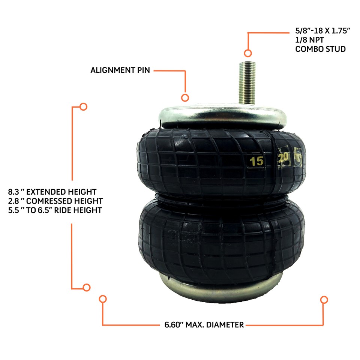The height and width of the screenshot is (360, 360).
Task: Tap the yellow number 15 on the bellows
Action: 257,162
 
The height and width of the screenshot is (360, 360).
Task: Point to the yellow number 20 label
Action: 283,158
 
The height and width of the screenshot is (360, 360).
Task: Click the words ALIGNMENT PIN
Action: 120,70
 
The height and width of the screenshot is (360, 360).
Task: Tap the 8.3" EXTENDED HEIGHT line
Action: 52,192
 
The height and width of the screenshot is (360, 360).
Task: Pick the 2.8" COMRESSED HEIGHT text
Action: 55,201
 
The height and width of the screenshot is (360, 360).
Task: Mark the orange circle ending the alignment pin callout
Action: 185,98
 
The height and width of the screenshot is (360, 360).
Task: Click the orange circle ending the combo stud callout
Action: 247,53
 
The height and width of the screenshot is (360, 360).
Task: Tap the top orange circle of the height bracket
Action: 83,106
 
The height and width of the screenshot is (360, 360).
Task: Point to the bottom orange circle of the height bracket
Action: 87,288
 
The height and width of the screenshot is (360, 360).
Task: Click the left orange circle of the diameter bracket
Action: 103,299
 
